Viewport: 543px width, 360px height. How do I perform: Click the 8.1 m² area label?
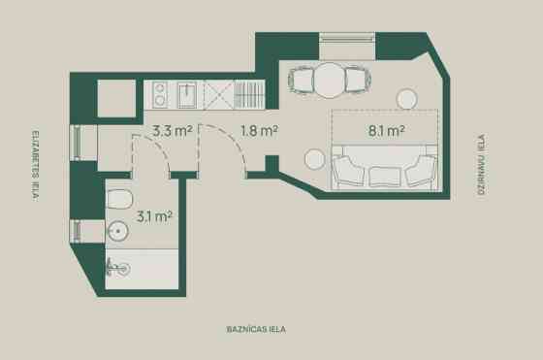click(x=386, y=131)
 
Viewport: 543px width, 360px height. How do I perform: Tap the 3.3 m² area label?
click(x=173, y=131)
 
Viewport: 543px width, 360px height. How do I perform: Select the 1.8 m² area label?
click(x=260, y=131)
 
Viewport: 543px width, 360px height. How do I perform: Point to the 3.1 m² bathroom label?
click(x=154, y=217)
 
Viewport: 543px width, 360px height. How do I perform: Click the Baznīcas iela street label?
click(x=256, y=329)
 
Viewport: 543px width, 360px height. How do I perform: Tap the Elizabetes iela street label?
click(x=35, y=166)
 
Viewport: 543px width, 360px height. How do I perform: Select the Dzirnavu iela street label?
click(x=482, y=165)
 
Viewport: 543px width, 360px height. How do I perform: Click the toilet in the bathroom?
click(x=119, y=199)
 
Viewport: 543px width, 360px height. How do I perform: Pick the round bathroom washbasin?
click(x=117, y=231)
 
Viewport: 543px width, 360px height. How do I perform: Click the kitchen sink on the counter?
click(x=187, y=95)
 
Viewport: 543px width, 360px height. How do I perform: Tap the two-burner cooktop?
click(x=160, y=94)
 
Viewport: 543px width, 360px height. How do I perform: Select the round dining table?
click(x=330, y=80)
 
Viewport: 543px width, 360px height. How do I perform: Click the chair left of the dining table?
click(x=302, y=81)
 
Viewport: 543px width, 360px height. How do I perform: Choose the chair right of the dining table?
click(x=358, y=80)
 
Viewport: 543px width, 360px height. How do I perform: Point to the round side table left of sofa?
click(x=315, y=159)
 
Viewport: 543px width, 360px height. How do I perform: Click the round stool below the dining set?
click(x=406, y=99)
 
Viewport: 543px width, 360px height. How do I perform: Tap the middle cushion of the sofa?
click(x=384, y=177)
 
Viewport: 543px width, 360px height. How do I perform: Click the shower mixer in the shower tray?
click(x=117, y=268)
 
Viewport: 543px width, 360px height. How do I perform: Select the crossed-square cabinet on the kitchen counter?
click(x=218, y=94)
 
